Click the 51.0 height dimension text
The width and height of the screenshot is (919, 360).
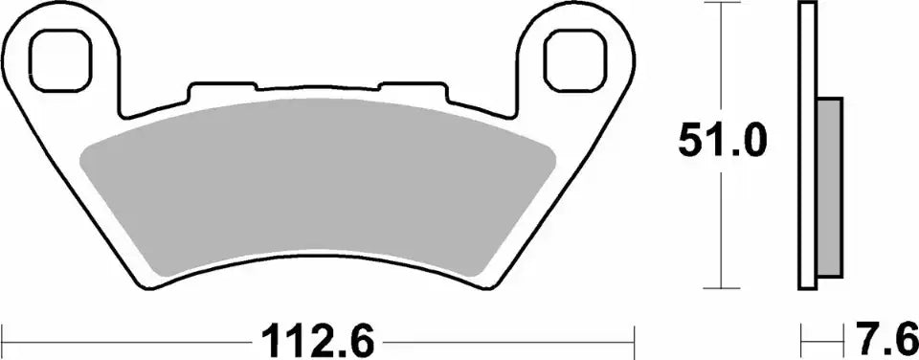(722, 143)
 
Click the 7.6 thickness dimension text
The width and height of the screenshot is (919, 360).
(881, 339)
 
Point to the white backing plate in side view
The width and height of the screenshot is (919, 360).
(806, 144)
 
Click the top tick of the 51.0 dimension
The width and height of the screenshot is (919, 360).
(720, 4)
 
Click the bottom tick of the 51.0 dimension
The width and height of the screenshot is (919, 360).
(720, 287)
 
